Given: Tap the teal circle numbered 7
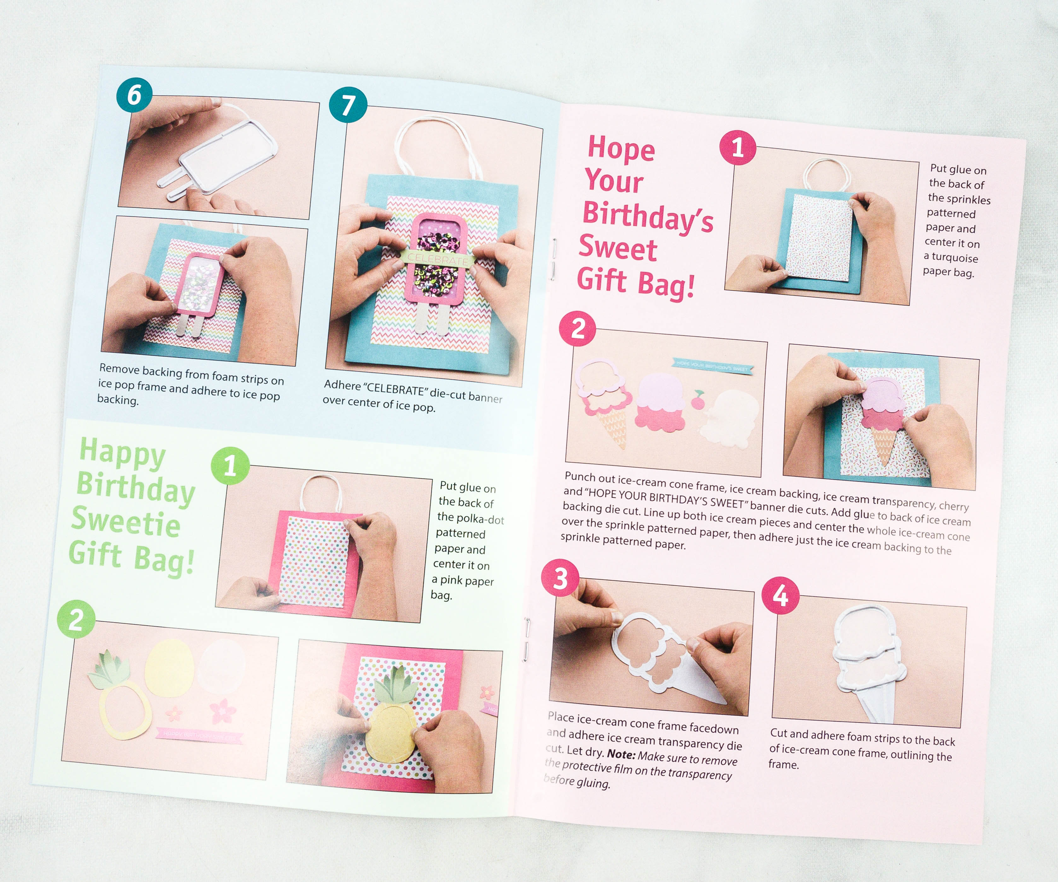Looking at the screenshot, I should point(348,105).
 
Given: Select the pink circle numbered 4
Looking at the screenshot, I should point(780,596).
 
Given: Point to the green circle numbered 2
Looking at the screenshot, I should point(76,619).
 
